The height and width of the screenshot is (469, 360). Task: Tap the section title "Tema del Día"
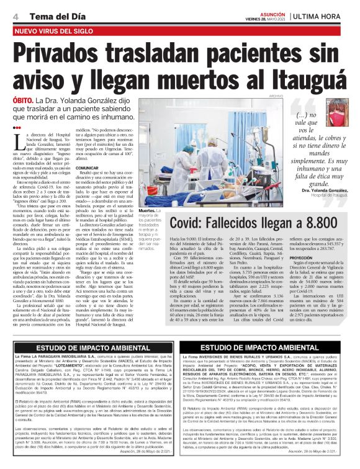(47, 15)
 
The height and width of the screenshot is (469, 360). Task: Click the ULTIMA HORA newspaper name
(320, 15)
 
